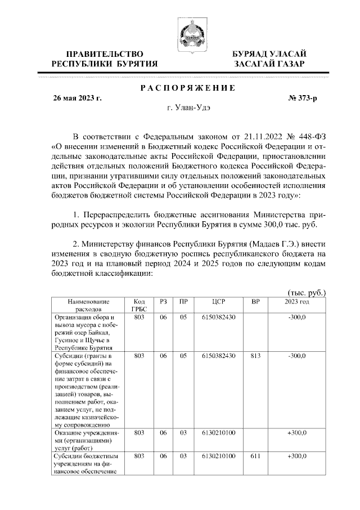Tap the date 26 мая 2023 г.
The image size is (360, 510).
[77, 98]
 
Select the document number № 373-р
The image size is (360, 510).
[303, 98]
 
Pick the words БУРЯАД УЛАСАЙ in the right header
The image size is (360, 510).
[269, 53]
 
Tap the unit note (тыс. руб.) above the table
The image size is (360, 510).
[307, 293]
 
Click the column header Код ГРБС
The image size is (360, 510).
[139, 305]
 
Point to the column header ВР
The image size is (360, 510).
[255, 302]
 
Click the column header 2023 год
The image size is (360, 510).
[297, 302]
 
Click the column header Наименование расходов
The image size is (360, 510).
[84, 305]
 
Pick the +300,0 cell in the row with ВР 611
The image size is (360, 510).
[296, 455]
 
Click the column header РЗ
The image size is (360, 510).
[163, 302]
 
